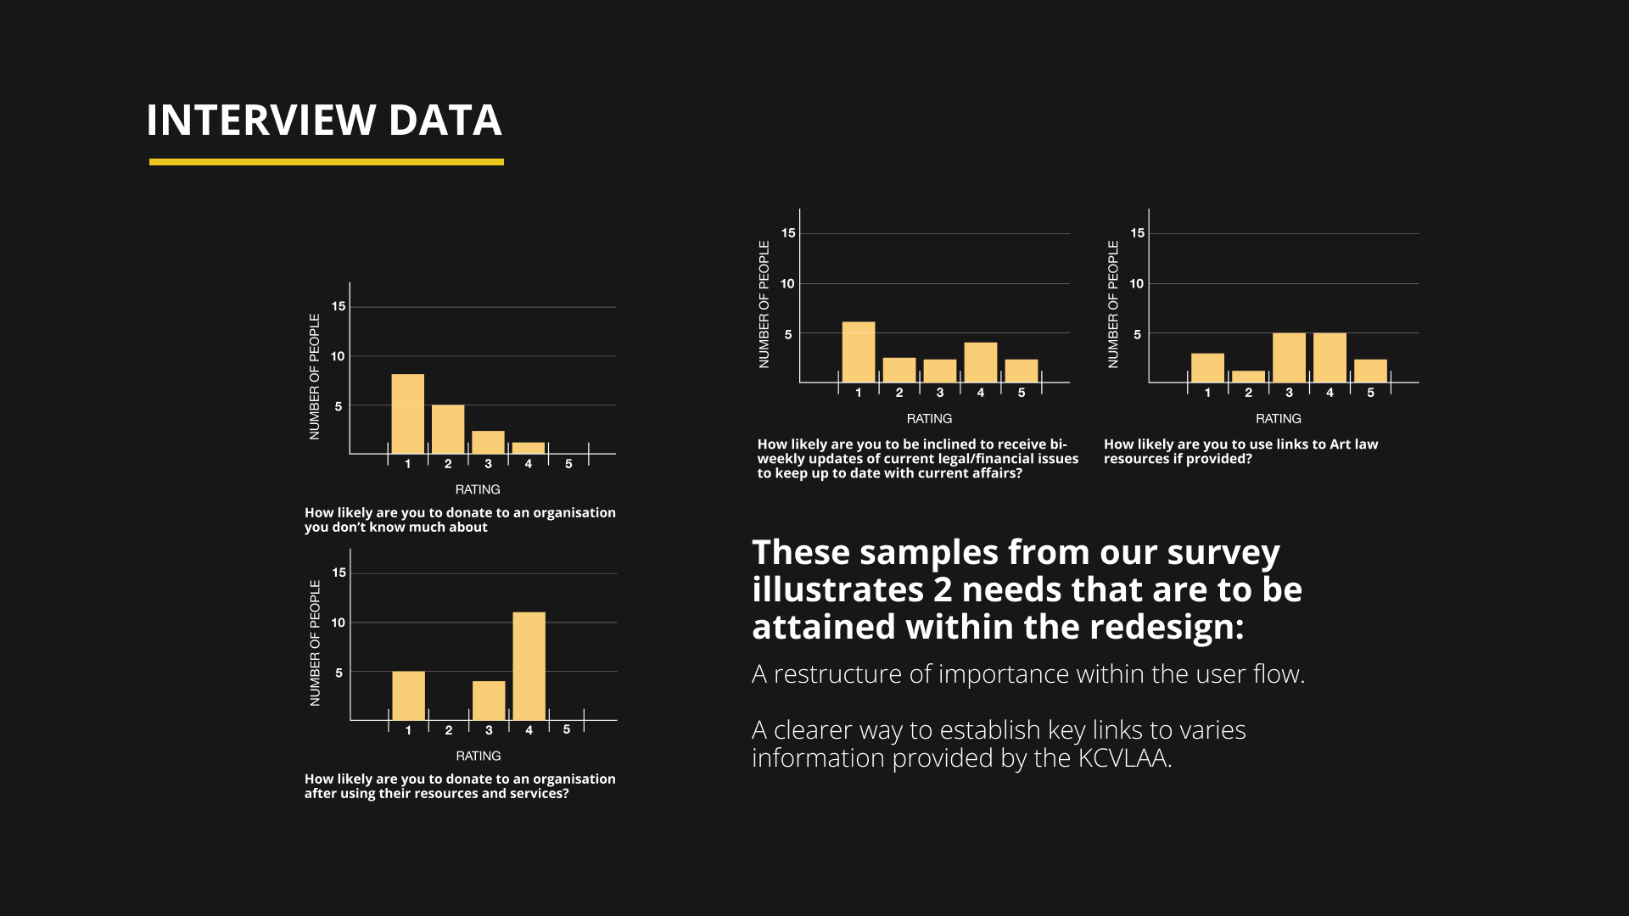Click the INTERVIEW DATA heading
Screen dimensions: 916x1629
click(324, 120)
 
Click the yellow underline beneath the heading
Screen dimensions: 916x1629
click(326, 162)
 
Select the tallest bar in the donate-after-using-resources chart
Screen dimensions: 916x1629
click(529, 666)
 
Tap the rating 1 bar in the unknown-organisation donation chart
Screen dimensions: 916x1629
click(407, 414)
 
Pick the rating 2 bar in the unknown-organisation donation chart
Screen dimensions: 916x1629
click(448, 429)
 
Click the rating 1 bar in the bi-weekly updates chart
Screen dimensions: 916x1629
click(858, 352)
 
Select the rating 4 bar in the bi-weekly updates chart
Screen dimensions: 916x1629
click(980, 362)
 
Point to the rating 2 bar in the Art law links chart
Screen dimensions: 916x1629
click(1248, 377)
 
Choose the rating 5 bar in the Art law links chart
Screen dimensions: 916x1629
click(1370, 371)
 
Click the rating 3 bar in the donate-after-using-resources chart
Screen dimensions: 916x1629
click(489, 701)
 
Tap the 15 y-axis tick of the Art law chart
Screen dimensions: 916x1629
click(1137, 233)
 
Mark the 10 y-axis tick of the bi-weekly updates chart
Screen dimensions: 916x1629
click(787, 284)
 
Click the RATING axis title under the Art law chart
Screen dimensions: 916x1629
click(1278, 419)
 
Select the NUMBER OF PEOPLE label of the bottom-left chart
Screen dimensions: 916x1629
click(315, 643)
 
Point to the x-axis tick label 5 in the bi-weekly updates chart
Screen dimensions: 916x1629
click(1022, 393)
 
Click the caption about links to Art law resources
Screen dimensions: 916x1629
click(1240, 451)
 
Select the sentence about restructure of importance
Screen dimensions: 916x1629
click(1028, 674)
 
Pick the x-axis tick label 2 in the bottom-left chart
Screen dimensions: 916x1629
click(449, 730)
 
